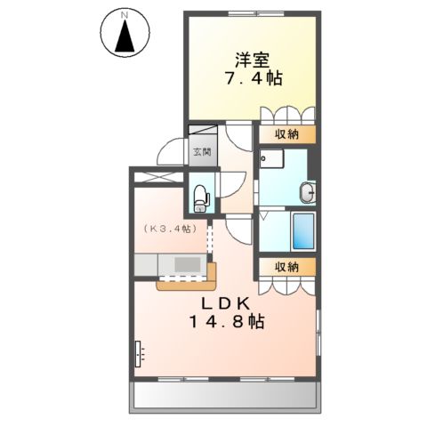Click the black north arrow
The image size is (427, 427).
pyautogui.click(x=126, y=37)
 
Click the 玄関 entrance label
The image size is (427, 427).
pyautogui.click(x=200, y=152)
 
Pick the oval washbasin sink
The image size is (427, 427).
pyautogui.click(x=307, y=189)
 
